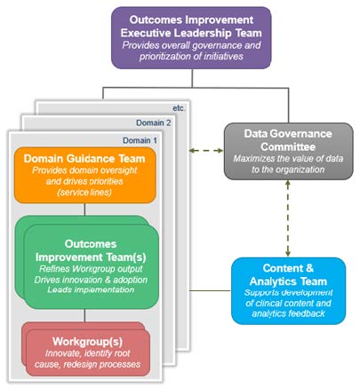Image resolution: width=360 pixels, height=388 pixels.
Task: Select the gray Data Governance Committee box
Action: coord(286,150)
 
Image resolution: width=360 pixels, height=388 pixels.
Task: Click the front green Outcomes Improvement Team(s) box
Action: coord(92,264)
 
